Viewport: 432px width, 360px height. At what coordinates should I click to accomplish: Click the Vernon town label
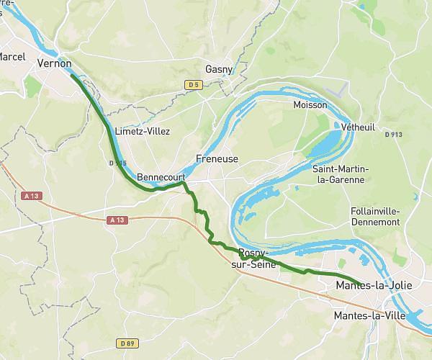tap(54, 63)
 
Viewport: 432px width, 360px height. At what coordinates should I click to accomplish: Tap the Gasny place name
tap(219, 69)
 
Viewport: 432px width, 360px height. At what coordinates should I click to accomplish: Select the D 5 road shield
tap(192, 85)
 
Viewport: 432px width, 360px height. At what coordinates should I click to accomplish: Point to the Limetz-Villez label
tap(143, 132)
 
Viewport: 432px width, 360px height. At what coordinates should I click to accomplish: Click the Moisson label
tap(310, 105)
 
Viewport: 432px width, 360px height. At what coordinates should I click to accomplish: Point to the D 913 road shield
tap(393, 134)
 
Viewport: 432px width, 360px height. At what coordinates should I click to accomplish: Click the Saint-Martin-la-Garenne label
tap(340, 174)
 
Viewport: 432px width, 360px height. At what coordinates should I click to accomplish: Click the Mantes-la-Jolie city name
tap(374, 286)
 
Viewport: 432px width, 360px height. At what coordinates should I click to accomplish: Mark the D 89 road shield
tap(127, 343)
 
